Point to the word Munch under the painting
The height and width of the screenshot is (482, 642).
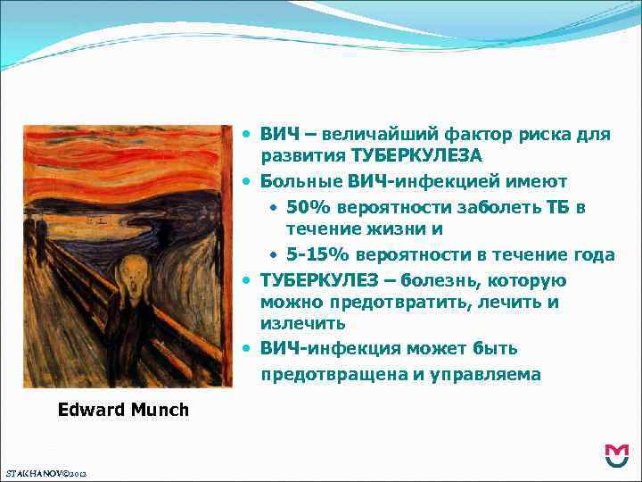click(x=162, y=411)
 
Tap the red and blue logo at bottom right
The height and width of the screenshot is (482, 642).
click(x=616, y=455)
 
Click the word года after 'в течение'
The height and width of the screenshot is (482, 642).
click(x=594, y=255)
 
